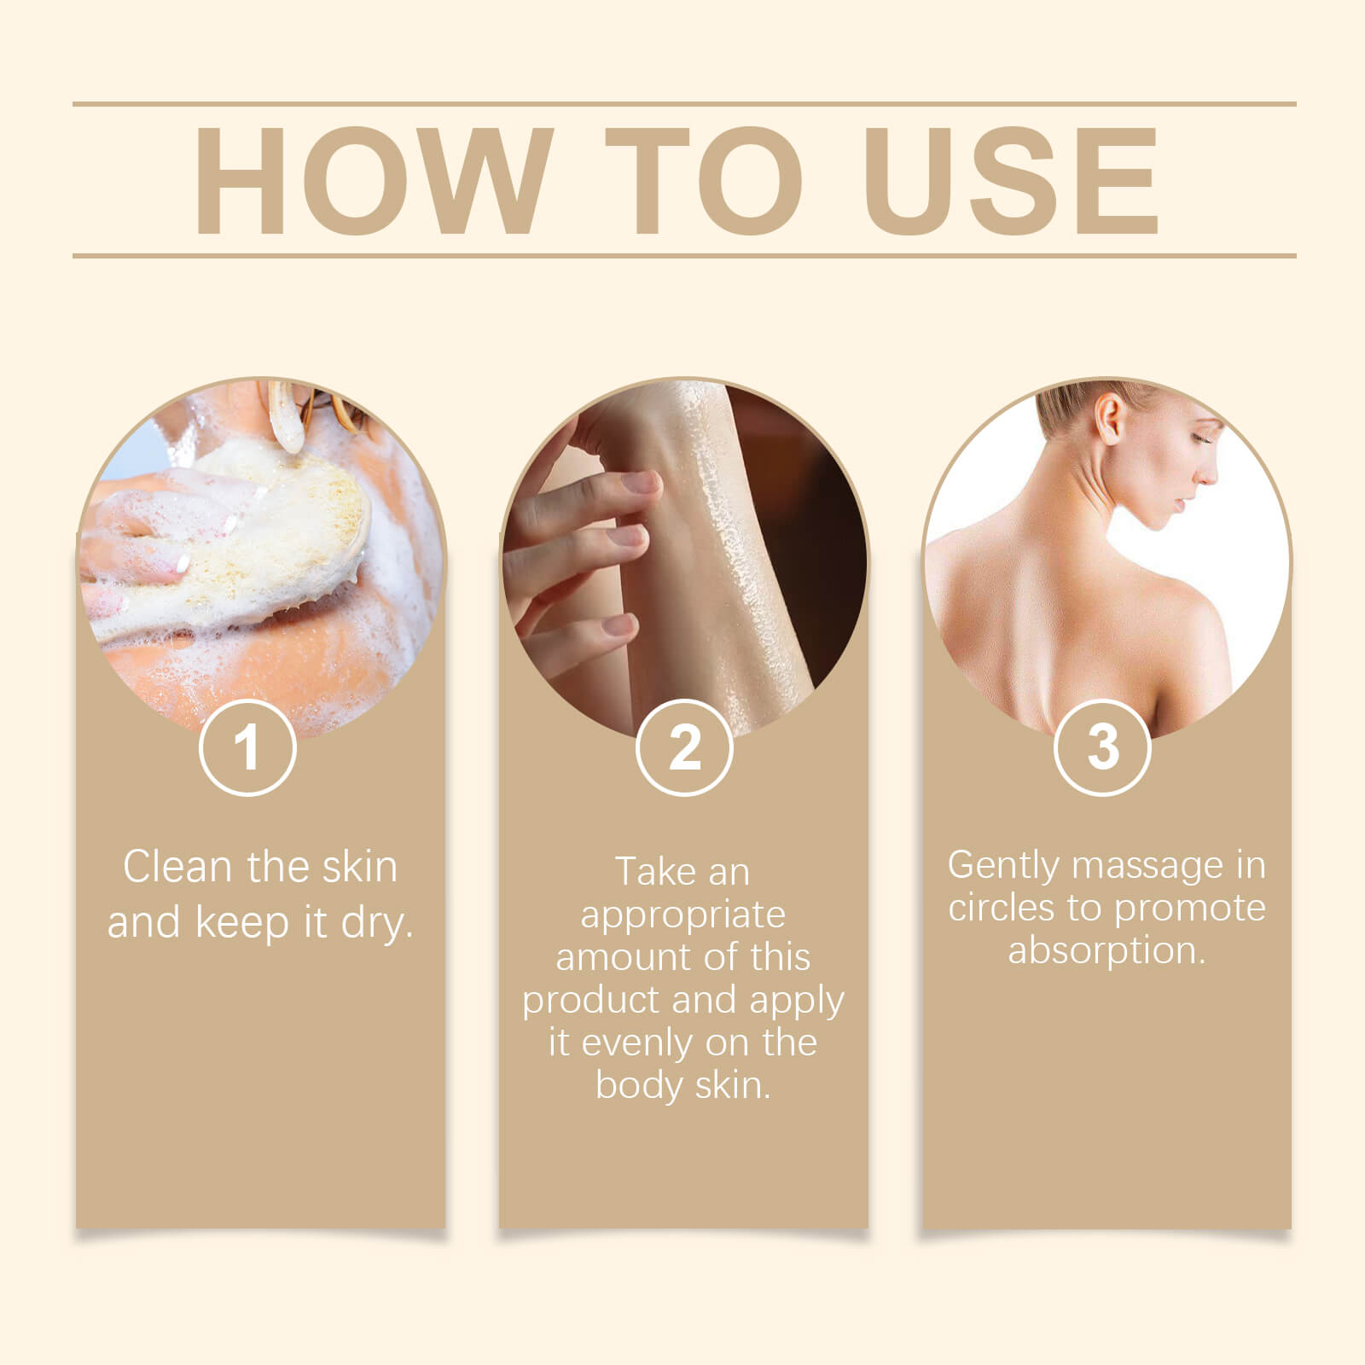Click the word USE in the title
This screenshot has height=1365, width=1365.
(1013, 180)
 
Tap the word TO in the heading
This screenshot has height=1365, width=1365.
(704, 180)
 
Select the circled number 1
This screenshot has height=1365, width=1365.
(247, 747)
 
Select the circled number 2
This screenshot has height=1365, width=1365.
(684, 747)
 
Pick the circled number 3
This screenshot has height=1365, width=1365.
(1102, 747)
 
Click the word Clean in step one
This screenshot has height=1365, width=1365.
(177, 867)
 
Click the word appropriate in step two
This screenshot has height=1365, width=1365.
(682, 915)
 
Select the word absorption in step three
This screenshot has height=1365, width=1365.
(1106, 950)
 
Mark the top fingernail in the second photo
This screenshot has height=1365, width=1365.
(642, 484)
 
